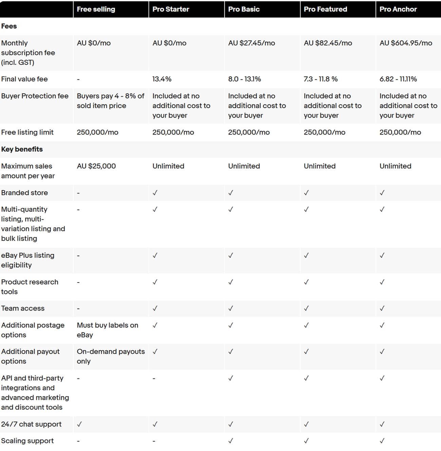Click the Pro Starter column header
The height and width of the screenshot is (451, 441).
171,9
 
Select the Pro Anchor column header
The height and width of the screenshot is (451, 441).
398,9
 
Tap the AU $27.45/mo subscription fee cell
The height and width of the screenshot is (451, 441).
251,43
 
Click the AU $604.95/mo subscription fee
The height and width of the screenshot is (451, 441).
406,43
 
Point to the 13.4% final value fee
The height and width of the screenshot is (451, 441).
162,79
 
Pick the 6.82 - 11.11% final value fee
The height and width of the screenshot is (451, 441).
398,79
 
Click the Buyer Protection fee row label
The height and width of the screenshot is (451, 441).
35,96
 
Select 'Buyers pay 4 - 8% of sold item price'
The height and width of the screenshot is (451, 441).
110,101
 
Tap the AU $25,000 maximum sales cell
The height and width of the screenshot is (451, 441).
96,166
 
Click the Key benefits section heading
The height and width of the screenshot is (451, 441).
22,149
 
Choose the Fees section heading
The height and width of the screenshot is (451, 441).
9,26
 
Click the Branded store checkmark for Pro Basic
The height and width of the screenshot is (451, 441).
231,193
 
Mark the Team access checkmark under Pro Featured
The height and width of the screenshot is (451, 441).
306,308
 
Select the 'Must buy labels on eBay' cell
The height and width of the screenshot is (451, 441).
107,330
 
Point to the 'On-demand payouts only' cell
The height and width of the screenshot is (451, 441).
110,356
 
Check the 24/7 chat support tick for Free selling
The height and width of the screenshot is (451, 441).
79,424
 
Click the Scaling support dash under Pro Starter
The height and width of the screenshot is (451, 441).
154,441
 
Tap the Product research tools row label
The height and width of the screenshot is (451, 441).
30,287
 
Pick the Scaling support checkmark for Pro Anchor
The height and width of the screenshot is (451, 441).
382,441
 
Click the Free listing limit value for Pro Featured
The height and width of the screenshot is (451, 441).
324,132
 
